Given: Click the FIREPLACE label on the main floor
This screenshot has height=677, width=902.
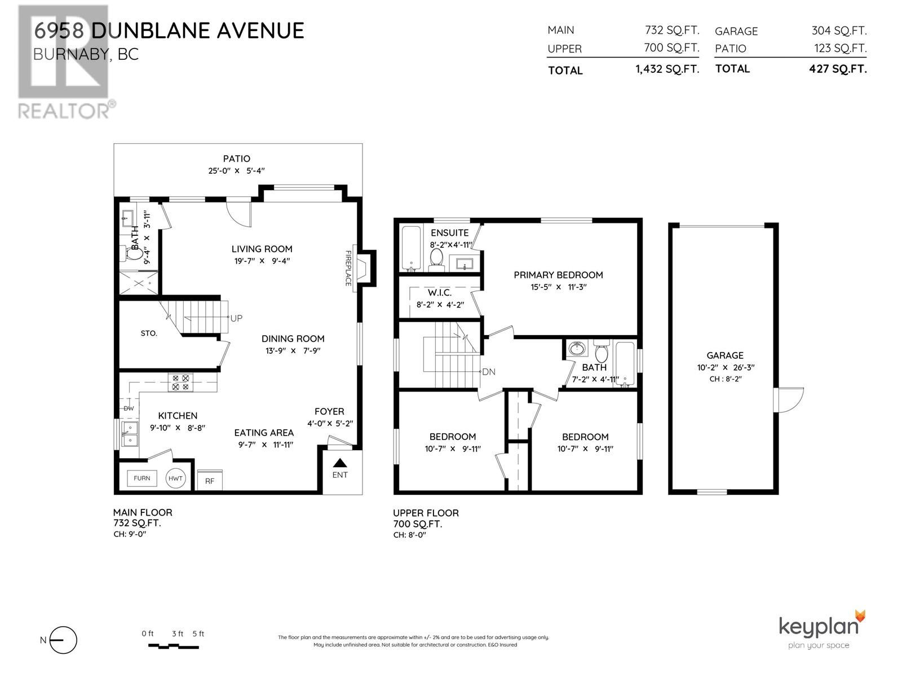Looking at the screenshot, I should pos(348,269).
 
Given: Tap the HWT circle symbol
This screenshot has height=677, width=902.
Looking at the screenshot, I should pos(175,478).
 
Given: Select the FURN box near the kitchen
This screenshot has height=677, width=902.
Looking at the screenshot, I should pos(142,478).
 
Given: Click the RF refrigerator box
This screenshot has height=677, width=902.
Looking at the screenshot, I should pos(209,481).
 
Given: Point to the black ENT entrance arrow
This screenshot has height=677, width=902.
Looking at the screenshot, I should pos(339,463).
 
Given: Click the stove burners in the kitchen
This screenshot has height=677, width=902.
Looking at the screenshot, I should pos(181,383).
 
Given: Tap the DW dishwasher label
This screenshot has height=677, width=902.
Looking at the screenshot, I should pos(129,408).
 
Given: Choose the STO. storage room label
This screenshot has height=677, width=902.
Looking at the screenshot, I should pos(149,333).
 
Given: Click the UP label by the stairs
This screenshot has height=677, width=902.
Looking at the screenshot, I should pos(236,318).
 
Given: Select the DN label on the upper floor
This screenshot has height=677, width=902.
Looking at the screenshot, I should pos(488,372).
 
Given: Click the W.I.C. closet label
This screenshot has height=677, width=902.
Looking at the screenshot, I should pos(439,293).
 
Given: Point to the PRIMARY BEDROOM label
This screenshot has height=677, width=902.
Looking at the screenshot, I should pos(558,275).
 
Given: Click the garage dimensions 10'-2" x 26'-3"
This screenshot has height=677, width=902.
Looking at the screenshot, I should pos(725,367).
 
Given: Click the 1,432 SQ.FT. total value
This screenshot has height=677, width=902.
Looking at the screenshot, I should pos(667,69).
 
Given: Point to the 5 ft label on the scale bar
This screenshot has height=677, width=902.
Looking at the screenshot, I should pos(198,634).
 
